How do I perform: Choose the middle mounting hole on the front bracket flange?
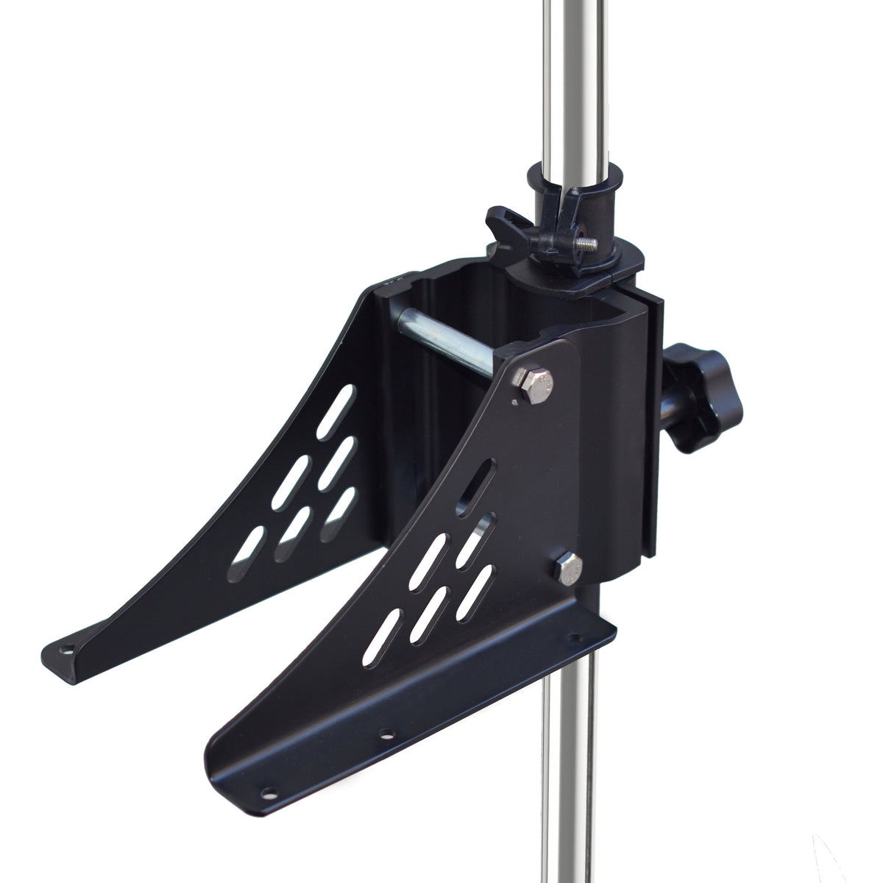coord(383,734)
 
